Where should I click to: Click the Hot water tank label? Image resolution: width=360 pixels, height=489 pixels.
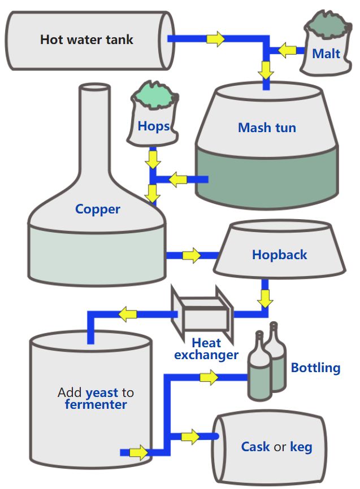86,40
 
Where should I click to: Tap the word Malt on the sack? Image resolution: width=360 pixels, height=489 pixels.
326,54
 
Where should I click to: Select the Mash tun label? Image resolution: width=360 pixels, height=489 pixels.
267,128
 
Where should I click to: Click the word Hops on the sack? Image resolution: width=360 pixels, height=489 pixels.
154,126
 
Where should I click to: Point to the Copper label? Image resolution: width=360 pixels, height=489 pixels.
98,209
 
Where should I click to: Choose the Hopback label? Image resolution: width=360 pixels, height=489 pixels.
279,255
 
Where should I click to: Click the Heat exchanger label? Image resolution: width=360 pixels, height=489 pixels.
206,349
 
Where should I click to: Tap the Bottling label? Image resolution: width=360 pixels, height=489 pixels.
315,368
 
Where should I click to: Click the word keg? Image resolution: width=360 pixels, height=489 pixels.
301,447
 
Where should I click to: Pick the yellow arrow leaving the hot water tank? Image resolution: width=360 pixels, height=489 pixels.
215,39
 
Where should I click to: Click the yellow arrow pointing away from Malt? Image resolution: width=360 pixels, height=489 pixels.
288,51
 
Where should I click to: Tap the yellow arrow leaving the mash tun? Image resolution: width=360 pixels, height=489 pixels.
179,180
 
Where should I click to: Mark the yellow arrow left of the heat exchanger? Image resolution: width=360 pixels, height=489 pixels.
128,313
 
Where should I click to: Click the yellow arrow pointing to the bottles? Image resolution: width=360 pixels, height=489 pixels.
209,378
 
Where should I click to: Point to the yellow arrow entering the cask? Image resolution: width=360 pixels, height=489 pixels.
190,436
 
